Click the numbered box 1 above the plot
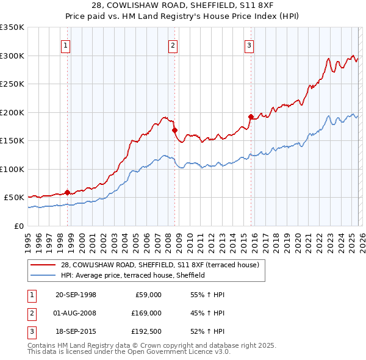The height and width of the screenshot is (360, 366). [65, 45]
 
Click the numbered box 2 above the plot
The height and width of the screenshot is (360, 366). [173, 45]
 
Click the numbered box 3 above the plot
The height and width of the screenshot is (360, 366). [249, 45]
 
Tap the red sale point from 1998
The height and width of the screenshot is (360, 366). [67, 192]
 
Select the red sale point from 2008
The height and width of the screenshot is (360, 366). [174, 130]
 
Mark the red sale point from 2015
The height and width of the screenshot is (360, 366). [251, 117]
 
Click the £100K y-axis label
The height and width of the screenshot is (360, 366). [12, 169]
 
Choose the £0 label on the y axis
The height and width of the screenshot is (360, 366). [18, 226]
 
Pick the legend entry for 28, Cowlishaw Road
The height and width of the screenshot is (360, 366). [160, 264]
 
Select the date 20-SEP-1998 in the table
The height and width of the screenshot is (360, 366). [76, 295]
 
